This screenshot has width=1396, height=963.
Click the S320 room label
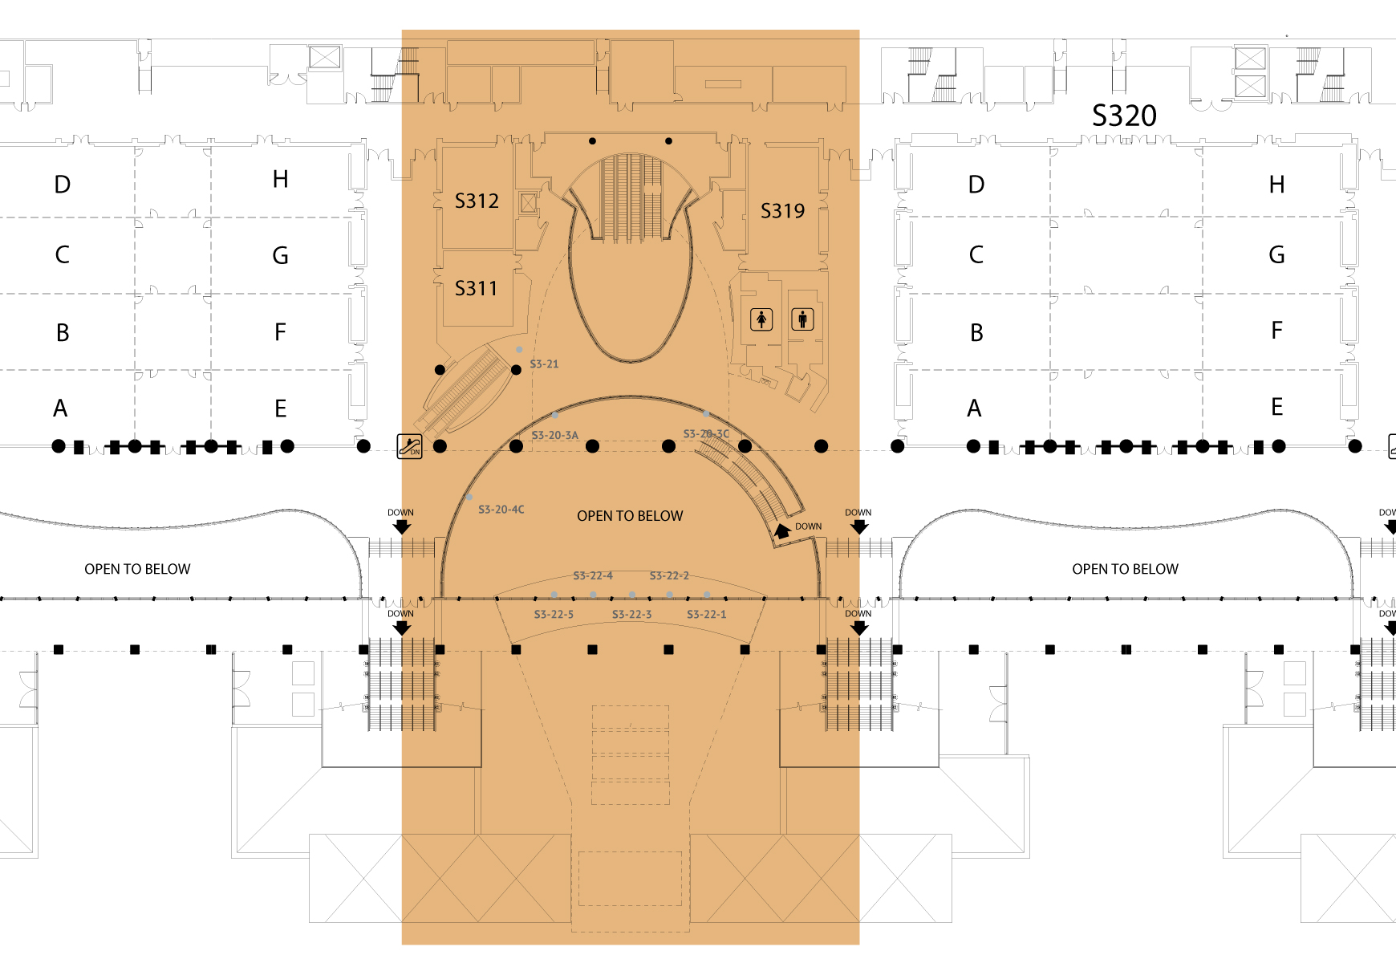tap(1124, 116)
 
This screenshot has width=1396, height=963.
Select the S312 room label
tap(477, 201)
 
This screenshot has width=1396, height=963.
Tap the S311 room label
tap(476, 288)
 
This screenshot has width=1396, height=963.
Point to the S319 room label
tap(782, 211)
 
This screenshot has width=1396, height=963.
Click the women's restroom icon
tap(761, 319)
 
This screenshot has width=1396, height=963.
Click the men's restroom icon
tap(802, 319)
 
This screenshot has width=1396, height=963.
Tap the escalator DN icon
tap(410, 446)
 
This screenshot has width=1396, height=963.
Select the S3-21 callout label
tap(544, 364)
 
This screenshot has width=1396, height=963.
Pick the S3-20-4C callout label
tap(501, 510)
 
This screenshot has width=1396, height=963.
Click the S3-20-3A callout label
tap(554, 436)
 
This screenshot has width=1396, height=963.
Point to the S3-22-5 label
tap(554, 615)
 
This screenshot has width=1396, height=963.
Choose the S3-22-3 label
tap(631, 615)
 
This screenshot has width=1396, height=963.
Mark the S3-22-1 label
tap(706, 615)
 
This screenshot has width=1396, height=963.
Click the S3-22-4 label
tap(593, 576)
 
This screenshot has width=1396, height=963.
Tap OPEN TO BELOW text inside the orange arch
tap(630, 516)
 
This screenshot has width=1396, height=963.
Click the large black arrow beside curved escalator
tap(782, 530)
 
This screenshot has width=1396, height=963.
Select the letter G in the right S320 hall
tap(1276, 255)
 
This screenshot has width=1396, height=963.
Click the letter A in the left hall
tap(60, 408)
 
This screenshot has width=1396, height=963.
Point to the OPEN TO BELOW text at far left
tap(137, 569)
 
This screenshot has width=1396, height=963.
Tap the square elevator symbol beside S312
tap(528, 203)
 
